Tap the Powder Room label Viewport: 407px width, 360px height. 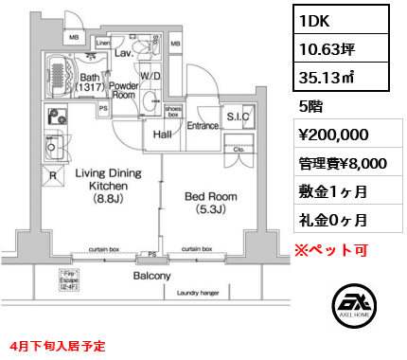(125, 89)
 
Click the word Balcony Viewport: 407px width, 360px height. (151, 277)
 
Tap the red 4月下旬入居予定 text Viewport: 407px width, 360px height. (62, 348)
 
